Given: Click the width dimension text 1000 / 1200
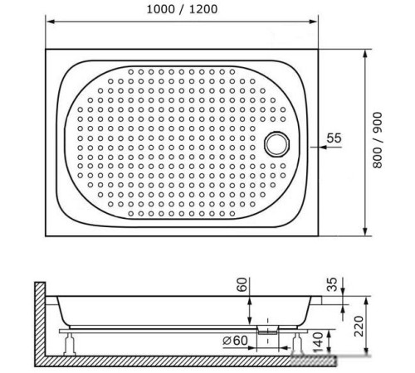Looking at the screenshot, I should click(181, 12).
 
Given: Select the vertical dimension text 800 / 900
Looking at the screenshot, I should click(377, 141).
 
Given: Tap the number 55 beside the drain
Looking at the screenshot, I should click(334, 138).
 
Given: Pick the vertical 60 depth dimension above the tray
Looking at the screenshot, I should click(242, 286).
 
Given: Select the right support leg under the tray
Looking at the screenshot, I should click(296, 341).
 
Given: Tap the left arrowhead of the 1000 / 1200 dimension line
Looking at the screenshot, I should click(48, 23).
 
